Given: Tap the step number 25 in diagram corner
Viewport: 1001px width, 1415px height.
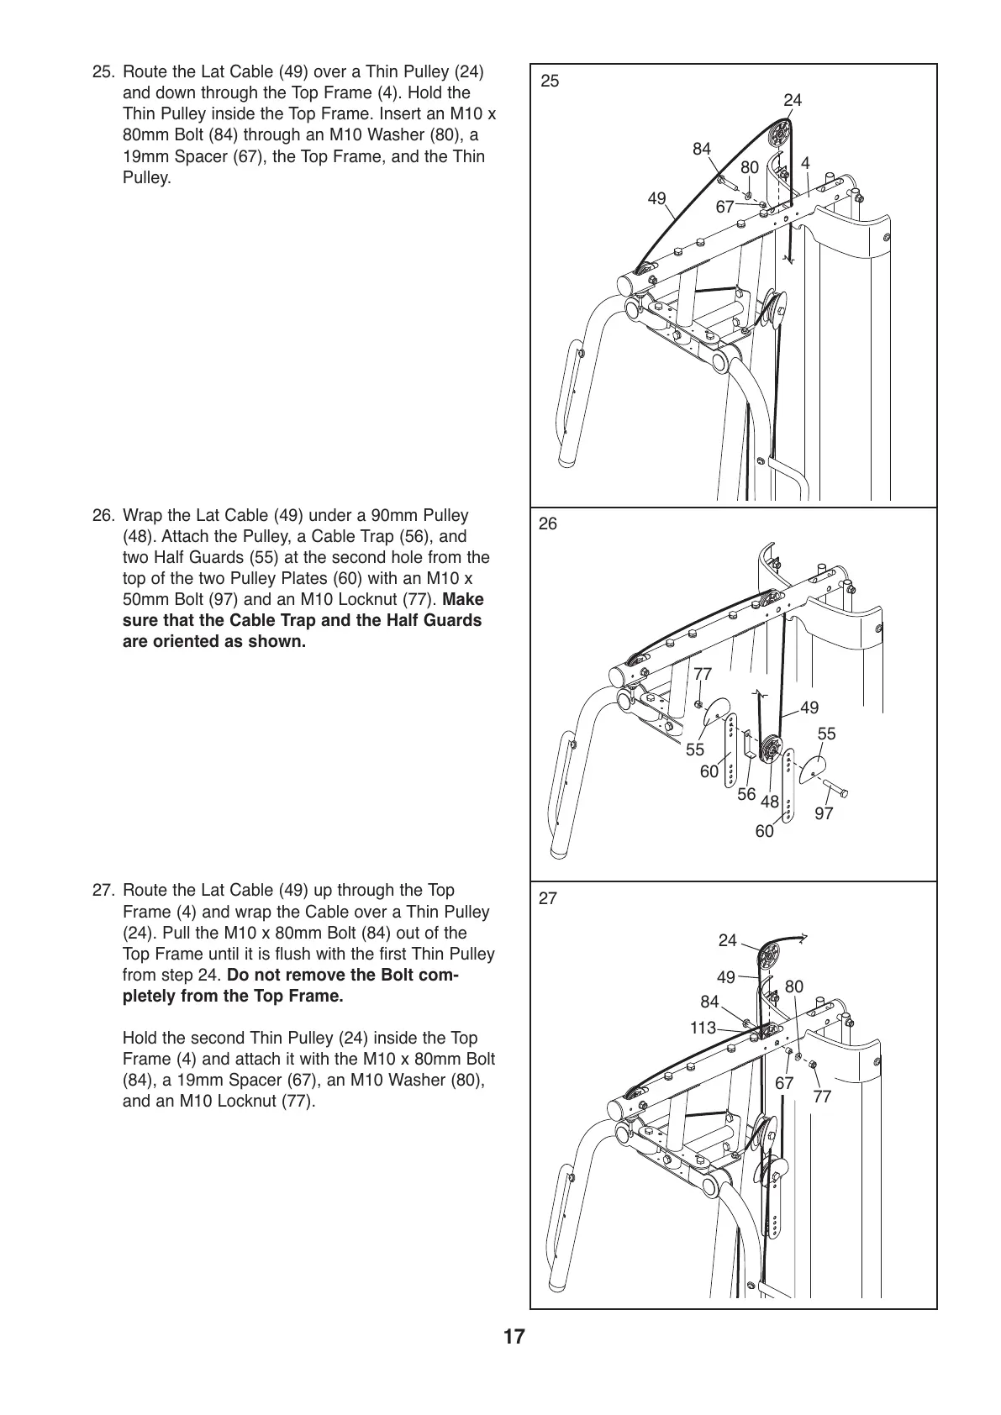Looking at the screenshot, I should (x=549, y=82).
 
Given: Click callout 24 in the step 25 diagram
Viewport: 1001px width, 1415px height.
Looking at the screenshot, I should (x=793, y=100).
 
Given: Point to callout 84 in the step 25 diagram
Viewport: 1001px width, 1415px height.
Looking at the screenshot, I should (x=702, y=149).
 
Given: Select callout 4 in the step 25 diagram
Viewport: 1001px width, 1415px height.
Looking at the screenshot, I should (x=805, y=163).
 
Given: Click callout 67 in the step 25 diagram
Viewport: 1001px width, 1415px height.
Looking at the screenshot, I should (x=725, y=207).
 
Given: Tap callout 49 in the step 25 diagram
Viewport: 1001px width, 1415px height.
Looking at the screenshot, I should (x=656, y=198).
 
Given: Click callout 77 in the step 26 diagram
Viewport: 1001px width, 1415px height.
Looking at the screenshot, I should (x=703, y=674).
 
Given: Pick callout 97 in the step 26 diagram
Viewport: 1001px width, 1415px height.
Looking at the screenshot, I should (x=824, y=813).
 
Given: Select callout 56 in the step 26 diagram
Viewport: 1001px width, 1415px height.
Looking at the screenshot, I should (x=746, y=794).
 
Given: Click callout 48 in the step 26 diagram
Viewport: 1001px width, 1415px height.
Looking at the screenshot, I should (x=770, y=802).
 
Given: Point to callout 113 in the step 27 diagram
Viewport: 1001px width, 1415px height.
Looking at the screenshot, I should (x=703, y=1028).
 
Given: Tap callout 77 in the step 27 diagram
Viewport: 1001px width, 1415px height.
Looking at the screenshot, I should (x=822, y=1097).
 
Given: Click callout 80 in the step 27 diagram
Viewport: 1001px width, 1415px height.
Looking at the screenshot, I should (x=794, y=986).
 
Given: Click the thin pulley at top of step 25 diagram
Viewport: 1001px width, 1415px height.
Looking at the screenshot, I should (x=778, y=134).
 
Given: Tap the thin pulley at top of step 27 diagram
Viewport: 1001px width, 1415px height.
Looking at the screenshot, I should (x=769, y=957).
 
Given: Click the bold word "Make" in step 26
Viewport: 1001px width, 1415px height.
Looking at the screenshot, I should (x=463, y=600).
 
